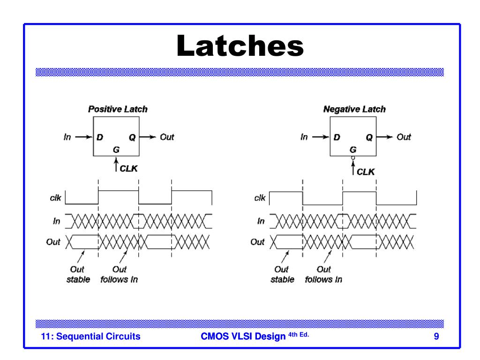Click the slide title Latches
(x=240, y=46)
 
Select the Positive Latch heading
(x=118, y=109)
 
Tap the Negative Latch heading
(x=354, y=109)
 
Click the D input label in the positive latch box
(x=100, y=137)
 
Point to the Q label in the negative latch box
(x=369, y=137)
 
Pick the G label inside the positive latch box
(x=116, y=150)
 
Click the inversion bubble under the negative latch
(x=353, y=158)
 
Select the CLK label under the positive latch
(x=128, y=169)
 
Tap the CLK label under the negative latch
(x=366, y=172)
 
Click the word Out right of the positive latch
(x=167, y=137)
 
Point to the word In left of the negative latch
(x=304, y=137)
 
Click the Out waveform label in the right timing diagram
(x=257, y=242)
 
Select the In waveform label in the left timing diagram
(x=57, y=221)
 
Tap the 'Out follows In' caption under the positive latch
(x=119, y=275)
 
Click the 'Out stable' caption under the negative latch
(x=282, y=275)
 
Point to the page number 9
(x=436, y=336)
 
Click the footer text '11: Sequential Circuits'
(x=90, y=336)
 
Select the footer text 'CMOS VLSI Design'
(x=243, y=336)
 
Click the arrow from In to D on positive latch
(x=84, y=137)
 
